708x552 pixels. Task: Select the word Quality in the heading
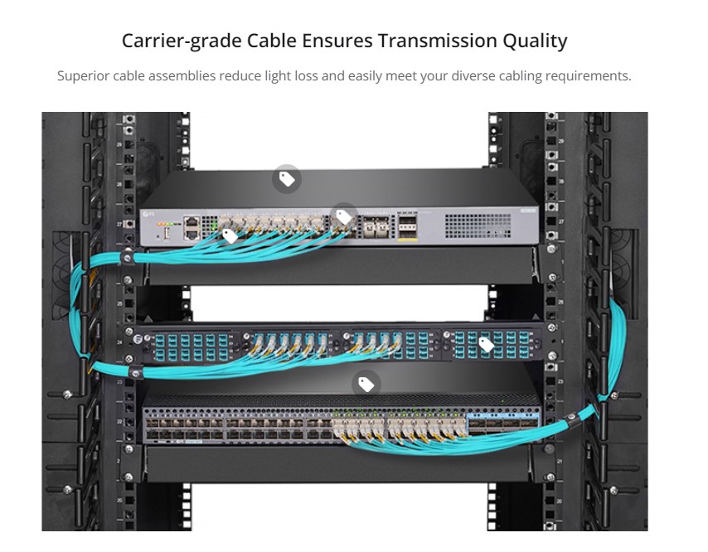point(535,41)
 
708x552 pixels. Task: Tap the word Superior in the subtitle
point(83,75)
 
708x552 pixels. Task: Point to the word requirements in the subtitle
point(587,75)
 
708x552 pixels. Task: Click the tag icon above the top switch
point(287,178)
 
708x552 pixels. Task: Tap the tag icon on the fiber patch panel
point(486,344)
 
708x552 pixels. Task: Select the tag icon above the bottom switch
point(366,384)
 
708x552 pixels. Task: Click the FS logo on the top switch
point(149,215)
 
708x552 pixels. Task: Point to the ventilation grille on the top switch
point(477,223)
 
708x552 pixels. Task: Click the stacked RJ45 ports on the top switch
point(192,226)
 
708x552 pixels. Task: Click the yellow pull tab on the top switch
point(407,238)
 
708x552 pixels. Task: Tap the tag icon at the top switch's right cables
point(344,216)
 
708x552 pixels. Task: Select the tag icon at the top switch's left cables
point(230,235)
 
